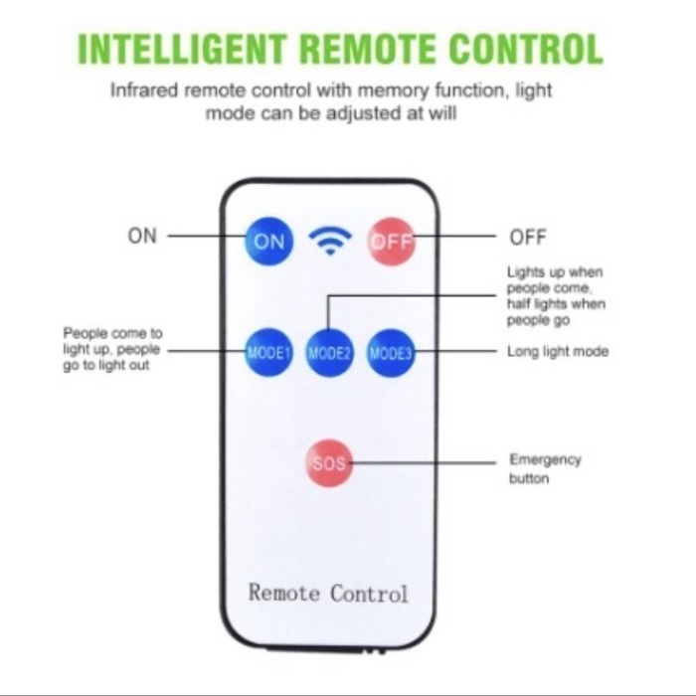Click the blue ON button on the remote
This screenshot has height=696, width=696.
[x=269, y=241]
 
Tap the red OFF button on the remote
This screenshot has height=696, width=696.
[x=391, y=242]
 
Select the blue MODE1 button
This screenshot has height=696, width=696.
[x=269, y=352]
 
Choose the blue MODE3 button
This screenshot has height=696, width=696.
[x=391, y=352]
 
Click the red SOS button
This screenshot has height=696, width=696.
[x=330, y=463]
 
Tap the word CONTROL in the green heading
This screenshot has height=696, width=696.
[x=526, y=49]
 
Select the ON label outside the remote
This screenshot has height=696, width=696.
[x=142, y=237]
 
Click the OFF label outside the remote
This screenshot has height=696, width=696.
[x=528, y=238]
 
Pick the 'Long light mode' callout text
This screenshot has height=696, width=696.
[x=557, y=352]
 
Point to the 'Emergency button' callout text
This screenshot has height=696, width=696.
[x=545, y=469]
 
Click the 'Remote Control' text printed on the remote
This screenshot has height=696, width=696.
[x=328, y=594]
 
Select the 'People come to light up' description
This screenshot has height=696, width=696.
[x=112, y=351]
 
